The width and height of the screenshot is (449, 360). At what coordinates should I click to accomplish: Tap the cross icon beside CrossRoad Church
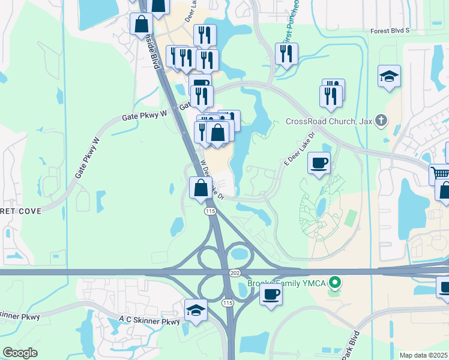[381, 120]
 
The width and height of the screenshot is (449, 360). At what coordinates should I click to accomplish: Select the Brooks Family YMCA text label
[287, 283]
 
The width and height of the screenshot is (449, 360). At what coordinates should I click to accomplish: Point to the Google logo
[20, 353]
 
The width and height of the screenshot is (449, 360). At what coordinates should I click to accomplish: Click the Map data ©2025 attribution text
[424, 355]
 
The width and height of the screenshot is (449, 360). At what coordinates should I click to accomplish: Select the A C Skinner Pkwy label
[149, 322]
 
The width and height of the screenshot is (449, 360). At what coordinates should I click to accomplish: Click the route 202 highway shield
[235, 272]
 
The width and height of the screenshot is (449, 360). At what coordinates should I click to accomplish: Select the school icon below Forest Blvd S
[389, 76]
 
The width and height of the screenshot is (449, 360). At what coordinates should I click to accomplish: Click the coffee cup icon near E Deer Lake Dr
[319, 163]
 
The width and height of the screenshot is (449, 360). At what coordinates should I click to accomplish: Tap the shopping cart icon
[441, 174]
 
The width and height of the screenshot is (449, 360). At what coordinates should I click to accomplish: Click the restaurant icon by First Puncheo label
[286, 53]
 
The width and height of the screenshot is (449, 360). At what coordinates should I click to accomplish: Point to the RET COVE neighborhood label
[20, 211]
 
